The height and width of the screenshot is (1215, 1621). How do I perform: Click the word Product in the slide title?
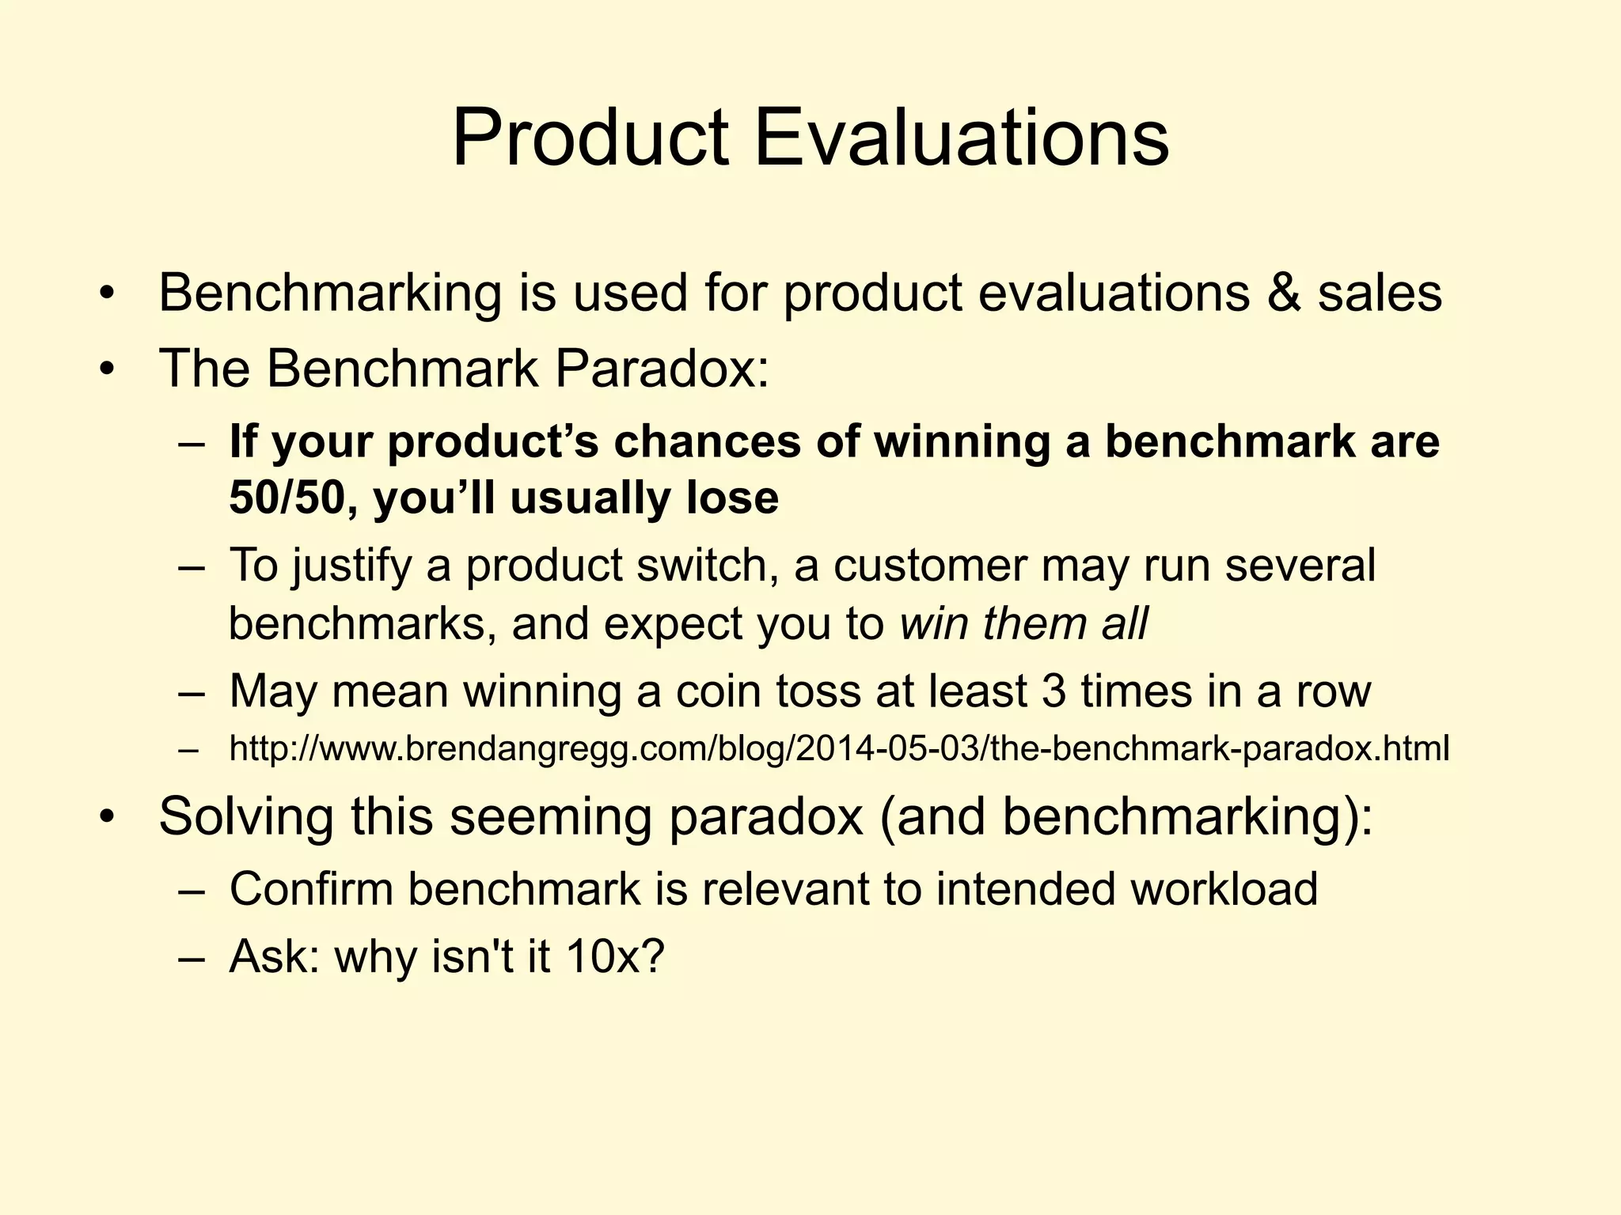click(590, 138)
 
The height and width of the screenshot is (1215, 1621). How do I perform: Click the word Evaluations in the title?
click(961, 138)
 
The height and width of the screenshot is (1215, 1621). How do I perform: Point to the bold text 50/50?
click(287, 498)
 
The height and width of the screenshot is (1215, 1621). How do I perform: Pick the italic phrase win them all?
click(1023, 624)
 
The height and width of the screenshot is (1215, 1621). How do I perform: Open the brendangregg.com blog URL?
click(839, 748)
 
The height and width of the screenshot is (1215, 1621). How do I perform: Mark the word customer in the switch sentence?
click(930, 566)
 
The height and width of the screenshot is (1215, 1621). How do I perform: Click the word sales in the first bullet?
click(1379, 293)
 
